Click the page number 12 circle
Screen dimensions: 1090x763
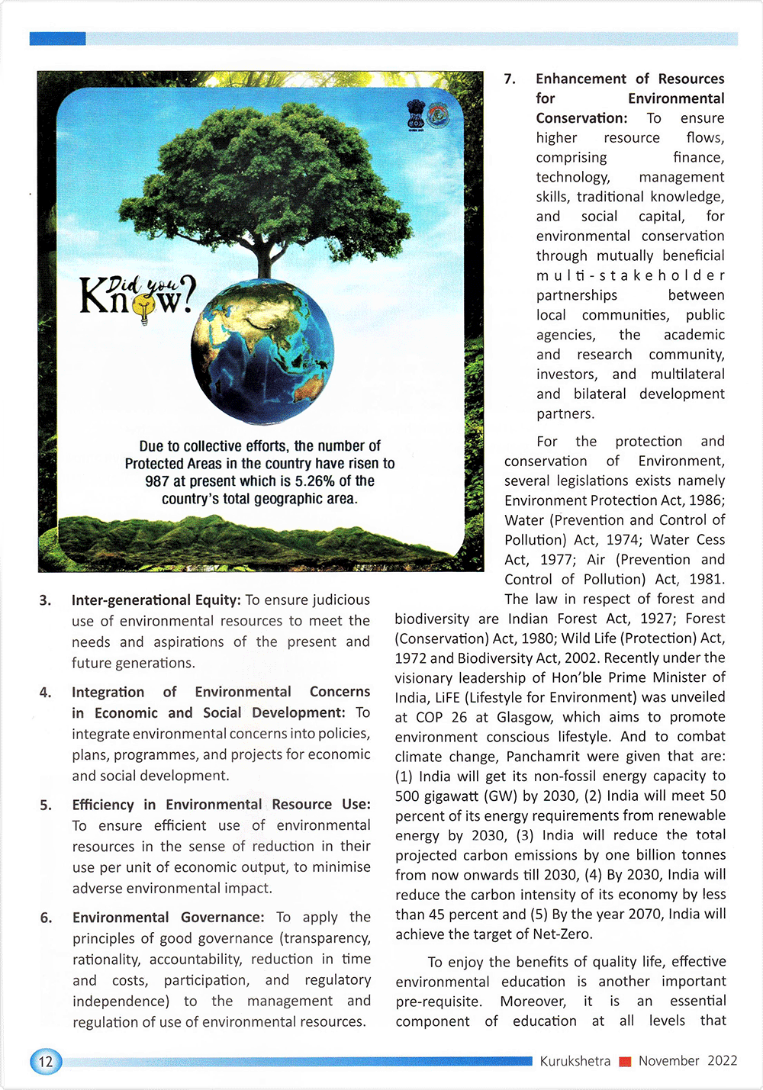point(45,1061)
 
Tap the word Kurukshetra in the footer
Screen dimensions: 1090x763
point(575,1061)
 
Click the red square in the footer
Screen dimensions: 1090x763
point(625,1062)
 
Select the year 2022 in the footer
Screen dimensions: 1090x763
point(722,1061)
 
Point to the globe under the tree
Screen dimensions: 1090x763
point(262,351)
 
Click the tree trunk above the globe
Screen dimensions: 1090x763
point(265,259)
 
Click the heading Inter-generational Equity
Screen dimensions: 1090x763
point(156,600)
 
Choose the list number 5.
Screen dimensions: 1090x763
point(46,805)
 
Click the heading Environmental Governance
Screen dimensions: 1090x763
point(168,917)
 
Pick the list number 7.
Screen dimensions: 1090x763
point(510,79)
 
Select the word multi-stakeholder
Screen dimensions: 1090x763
point(629,275)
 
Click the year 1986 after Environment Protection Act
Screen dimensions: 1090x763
point(707,500)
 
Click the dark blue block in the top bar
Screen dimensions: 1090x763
point(57,38)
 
